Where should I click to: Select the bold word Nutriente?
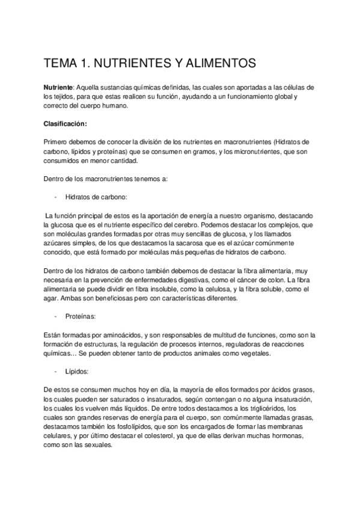(x=58, y=87)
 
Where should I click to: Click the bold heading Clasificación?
(x=66, y=124)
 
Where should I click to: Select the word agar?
(x=50, y=298)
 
